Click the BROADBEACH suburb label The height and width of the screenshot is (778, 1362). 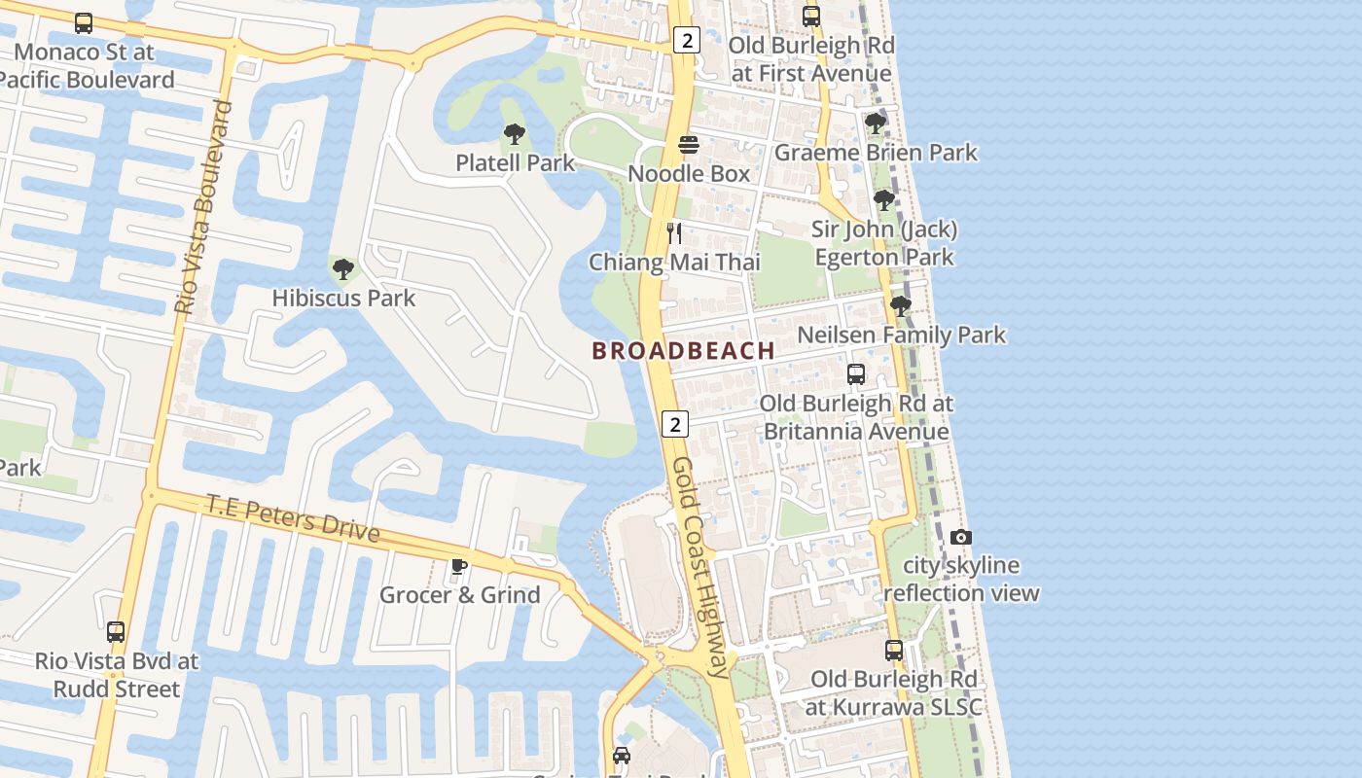click(x=683, y=351)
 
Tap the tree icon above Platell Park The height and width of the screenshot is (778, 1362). click(x=515, y=134)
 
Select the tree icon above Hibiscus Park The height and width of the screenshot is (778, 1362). click(x=342, y=269)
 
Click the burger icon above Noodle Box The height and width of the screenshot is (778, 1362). click(x=689, y=145)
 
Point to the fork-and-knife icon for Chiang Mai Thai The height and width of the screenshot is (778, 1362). click(x=673, y=233)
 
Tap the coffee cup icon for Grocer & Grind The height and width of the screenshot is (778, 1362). click(x=459, y=566)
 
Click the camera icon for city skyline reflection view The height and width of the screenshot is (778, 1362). click(x=960, y=537)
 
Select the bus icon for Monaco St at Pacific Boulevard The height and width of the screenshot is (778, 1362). click(x=84, y=23)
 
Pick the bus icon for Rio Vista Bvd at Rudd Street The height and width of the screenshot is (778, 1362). click(x=116, y=632)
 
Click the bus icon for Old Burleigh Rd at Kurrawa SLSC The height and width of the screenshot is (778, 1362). click(x=894, y=650)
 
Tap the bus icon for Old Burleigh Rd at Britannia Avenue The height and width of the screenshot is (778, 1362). click(x=856, y=374)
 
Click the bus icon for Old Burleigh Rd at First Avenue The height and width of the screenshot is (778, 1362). click(x=811, y=17)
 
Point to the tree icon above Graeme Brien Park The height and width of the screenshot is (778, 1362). click(x=876, y=124)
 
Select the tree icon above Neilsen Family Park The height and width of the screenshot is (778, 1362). click(x=901, y=306)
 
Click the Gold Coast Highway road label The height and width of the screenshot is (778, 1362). click(x=700, y=567)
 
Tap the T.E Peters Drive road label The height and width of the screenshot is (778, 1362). click(x=292, y=518)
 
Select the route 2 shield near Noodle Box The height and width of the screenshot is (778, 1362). click(x=687, y=40)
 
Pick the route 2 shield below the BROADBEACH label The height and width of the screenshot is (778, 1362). click(x=675, y=423)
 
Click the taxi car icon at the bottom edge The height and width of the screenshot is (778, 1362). click(x=622, y=755)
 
